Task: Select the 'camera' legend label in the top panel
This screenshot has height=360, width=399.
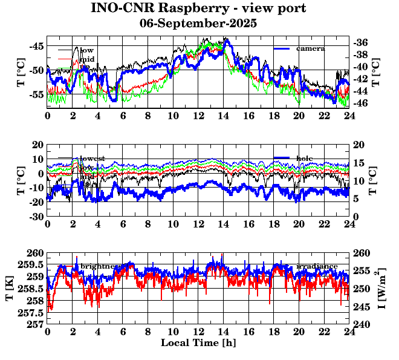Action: point(311,48)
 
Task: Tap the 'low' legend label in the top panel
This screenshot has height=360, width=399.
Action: point(87,50)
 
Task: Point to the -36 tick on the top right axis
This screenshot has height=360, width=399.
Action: point(362,42)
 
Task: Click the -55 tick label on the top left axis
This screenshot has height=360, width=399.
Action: point(36,94)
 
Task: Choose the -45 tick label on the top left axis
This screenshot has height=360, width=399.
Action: point(36,46)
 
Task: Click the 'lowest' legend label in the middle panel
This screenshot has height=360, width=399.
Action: point(92,159)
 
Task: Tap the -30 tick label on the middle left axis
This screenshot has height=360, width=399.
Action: point(36,217)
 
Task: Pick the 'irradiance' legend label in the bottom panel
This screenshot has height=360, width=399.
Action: point(316,266)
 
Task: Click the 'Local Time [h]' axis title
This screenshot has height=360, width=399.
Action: point(198,342)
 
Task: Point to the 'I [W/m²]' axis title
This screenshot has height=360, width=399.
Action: point(383,289)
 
